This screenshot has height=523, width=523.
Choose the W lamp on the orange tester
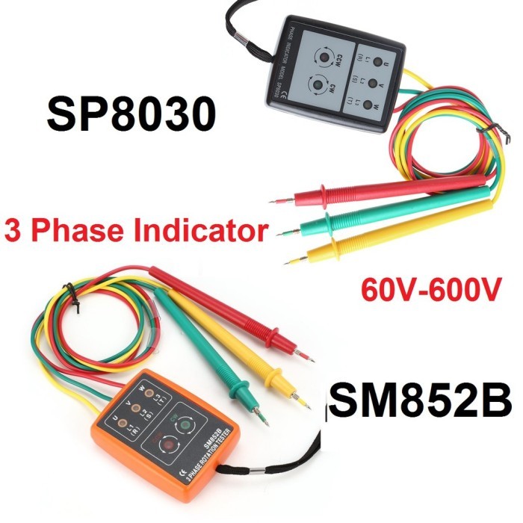[149, 393]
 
